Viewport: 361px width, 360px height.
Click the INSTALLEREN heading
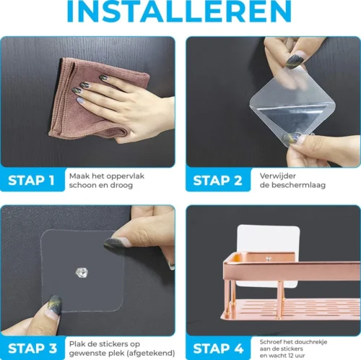tap(179, 11)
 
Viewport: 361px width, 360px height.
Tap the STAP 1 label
tap(31, 181)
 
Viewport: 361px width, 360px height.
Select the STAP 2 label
tap(217, 181)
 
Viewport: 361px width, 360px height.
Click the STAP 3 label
tap(32, 348)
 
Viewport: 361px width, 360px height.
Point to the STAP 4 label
tap(218, 348)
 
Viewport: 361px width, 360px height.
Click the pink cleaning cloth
tap(96, 99)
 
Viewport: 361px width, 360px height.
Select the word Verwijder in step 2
tap(278, 176)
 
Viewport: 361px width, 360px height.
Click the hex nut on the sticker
tap(82, 273)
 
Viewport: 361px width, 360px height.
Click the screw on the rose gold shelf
tap(269, 259)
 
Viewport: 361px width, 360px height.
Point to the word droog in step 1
tap(121, 185)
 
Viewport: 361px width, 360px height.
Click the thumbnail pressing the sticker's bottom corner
tap(55, 305)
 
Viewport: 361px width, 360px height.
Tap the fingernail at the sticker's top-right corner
tap(117, 242)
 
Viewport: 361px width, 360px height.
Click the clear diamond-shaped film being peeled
tap(292, 106)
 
